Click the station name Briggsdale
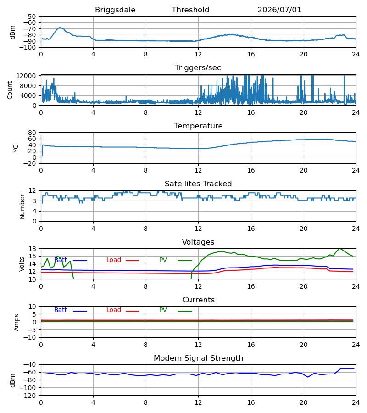pos(115,10)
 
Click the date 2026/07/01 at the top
pos(279,10)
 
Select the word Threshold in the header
pos(190,10)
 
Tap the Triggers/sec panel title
pos(198,68)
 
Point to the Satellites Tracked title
pos(198,184)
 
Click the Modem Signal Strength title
pos(198,358)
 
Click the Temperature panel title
pos(198,126)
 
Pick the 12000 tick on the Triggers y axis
pos(26,76)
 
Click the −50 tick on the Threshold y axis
pos(29,17)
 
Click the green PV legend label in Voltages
pos(163,260)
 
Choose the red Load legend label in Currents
pos(114,310)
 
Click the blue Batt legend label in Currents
pos(61,310)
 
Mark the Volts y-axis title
pos(22,264)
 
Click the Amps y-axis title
pos(17,323)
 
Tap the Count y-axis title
pos(10,90)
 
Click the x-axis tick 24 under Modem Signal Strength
pos(356,403)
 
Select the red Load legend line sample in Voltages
pos(133,261)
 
